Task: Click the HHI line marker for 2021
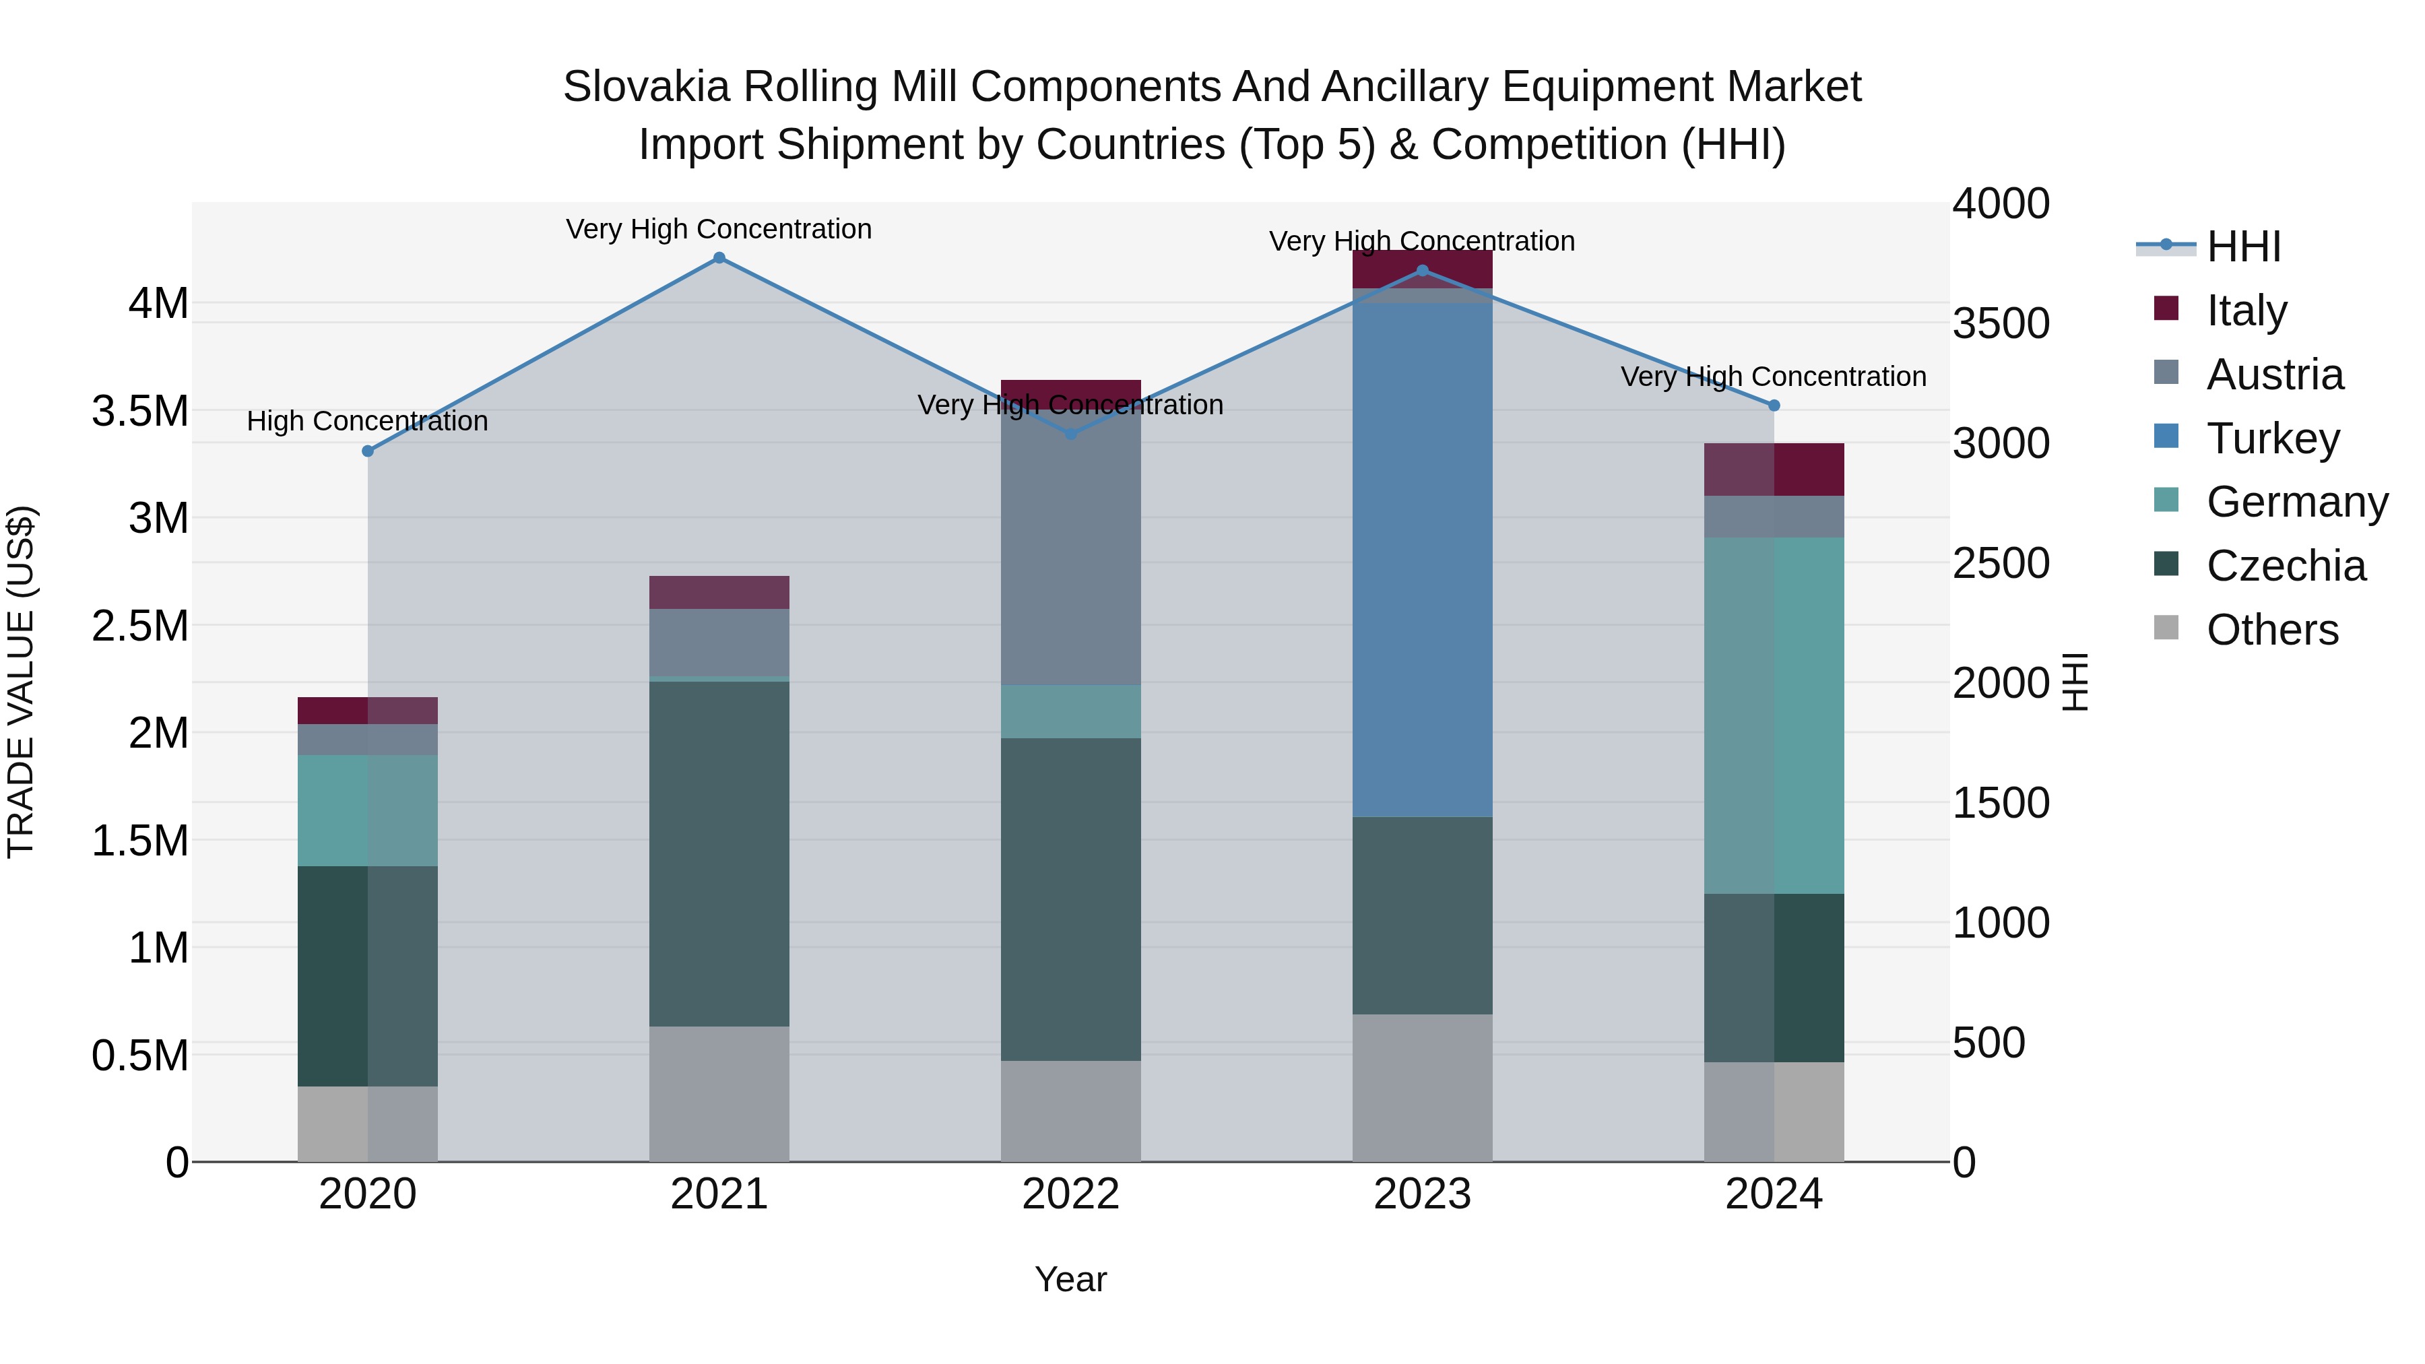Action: click(x=719, y=258)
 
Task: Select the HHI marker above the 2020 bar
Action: click(x=368, y=451)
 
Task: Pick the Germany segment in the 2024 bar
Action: click(x=1774, y=715)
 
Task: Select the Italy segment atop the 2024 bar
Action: click(x=1774, y=469)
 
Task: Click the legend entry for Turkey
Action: click(x=2271, y=439)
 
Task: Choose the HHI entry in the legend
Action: click(x=2242, y=247)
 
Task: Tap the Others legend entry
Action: click(x=2271, y=630)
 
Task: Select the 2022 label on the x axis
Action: click(x=1070, y=1194)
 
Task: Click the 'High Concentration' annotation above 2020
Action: click(x=367, y=421)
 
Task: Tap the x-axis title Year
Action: click(x=1070, y=1279)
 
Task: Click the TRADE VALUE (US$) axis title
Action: click(x=21, y=682)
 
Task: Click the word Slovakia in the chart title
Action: click(x=646, y=88)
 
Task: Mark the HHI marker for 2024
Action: click(x=1774, y=405)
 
